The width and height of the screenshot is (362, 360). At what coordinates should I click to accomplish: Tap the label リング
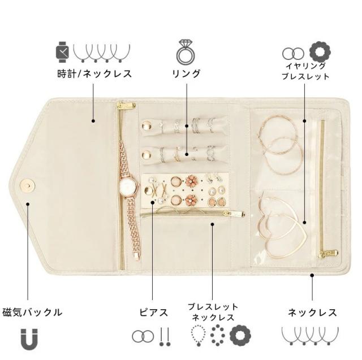pos(186,73)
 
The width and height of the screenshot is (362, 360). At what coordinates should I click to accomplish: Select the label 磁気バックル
pos(32,311)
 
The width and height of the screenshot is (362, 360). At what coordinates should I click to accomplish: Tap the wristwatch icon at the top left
pos(62,52)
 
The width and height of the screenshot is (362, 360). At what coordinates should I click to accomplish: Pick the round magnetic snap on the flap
pos(25,185)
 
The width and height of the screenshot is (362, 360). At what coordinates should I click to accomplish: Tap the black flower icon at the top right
pos(320,53)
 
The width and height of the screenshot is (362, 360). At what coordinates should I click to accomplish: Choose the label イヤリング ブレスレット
pos(305,71)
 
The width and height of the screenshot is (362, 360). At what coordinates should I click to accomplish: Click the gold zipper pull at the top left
pos(126,105)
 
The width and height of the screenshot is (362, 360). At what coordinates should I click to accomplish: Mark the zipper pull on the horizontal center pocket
pos(232,214)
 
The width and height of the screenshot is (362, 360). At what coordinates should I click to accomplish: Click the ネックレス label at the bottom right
pos(312,312)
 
